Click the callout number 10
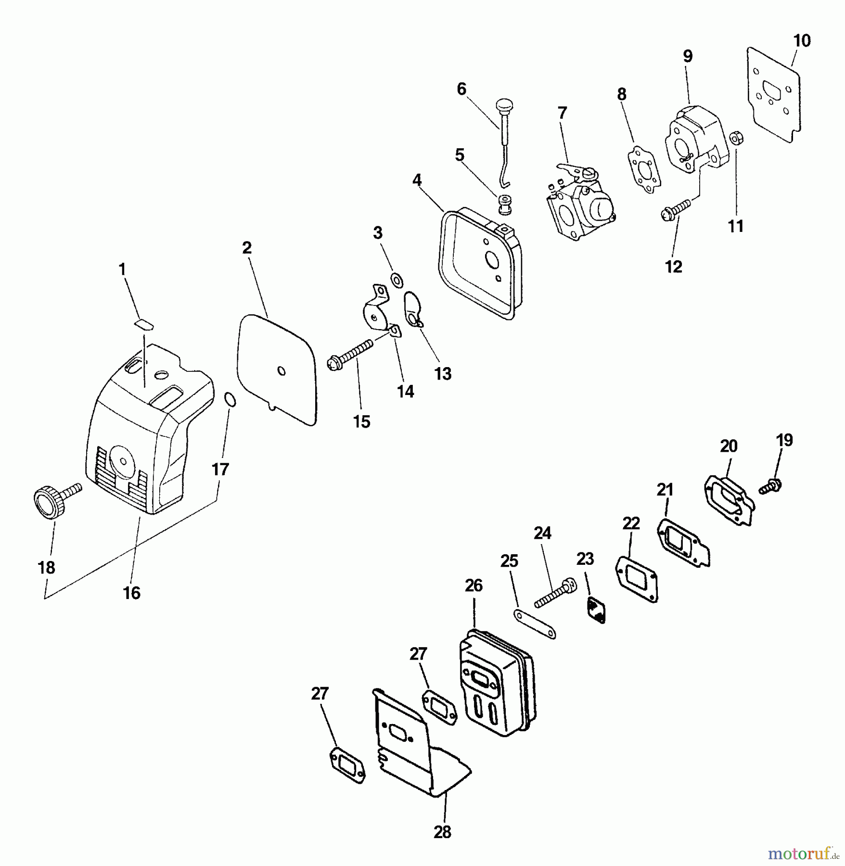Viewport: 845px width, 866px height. tap(802, 41)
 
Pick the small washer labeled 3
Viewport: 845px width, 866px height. tap(397, 280)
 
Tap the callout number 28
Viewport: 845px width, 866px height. tap(442, 832)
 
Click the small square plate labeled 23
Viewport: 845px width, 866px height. tap(597, 611)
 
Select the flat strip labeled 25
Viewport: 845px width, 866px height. tap(535, 624)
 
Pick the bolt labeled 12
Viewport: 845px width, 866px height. tap(676, 210)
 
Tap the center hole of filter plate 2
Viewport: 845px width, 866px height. tap(282, 371)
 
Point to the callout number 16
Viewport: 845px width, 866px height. tap(131, 593)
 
